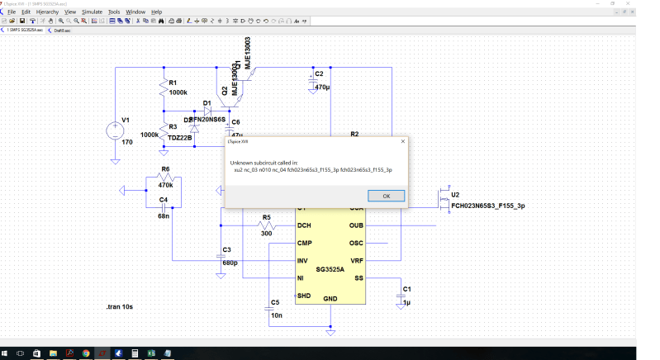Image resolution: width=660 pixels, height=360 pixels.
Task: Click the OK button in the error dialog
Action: [x=386, y=196]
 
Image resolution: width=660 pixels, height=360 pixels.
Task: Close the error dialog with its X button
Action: [x=402, y=141]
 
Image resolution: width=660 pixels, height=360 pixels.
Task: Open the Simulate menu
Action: [x=92, y=12]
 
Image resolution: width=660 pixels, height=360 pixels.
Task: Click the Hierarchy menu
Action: [x=47, y=12]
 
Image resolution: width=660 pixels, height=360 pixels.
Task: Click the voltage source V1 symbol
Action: [x=113, y=130]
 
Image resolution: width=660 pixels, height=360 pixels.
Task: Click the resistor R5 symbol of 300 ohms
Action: [x=265, y=225]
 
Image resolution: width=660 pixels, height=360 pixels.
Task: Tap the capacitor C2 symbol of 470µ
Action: [x=312, y=80]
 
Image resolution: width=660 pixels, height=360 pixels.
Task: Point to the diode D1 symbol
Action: [x=207, y=110]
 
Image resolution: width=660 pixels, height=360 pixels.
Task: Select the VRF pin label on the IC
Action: [x=357, y=260]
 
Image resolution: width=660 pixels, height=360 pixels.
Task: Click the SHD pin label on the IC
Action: [x=304, y=296]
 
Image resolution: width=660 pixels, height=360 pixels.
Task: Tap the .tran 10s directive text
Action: [x=120, y=306]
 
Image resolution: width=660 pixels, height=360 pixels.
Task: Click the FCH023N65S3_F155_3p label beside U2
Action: [x=488, y=206]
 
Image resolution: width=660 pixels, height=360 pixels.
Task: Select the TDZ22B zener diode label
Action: [x=179, y=138]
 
